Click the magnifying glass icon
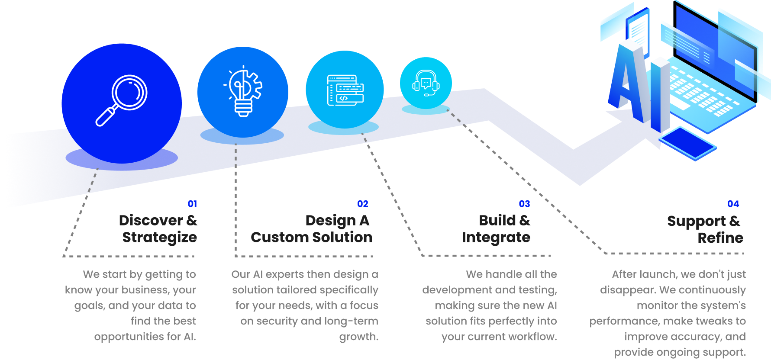pos(122,100)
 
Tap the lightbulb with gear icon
pos(243,91)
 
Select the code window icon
pos(345,90)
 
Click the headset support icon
pos(426,83)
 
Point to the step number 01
pos(192,204)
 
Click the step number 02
pos(363,204)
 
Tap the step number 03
pos(524,204)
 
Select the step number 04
pos(733,204)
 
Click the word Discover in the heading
pos(151,221)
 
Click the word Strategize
pos(159,237)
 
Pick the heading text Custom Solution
pos(311,237)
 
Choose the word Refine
pos(720,238)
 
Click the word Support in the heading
pos(696,221)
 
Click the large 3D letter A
pos(628,82)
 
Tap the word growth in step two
pos(358,337)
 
